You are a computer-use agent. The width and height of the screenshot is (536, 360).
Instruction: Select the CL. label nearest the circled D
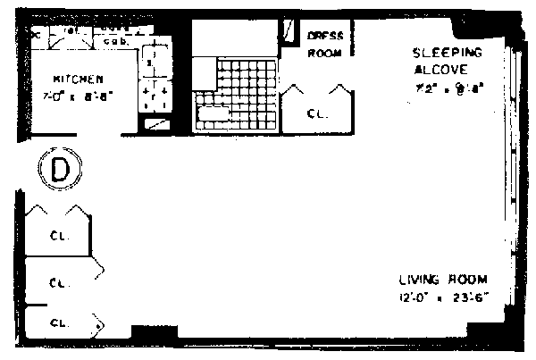pyautogui.click(x=55, y=237)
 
